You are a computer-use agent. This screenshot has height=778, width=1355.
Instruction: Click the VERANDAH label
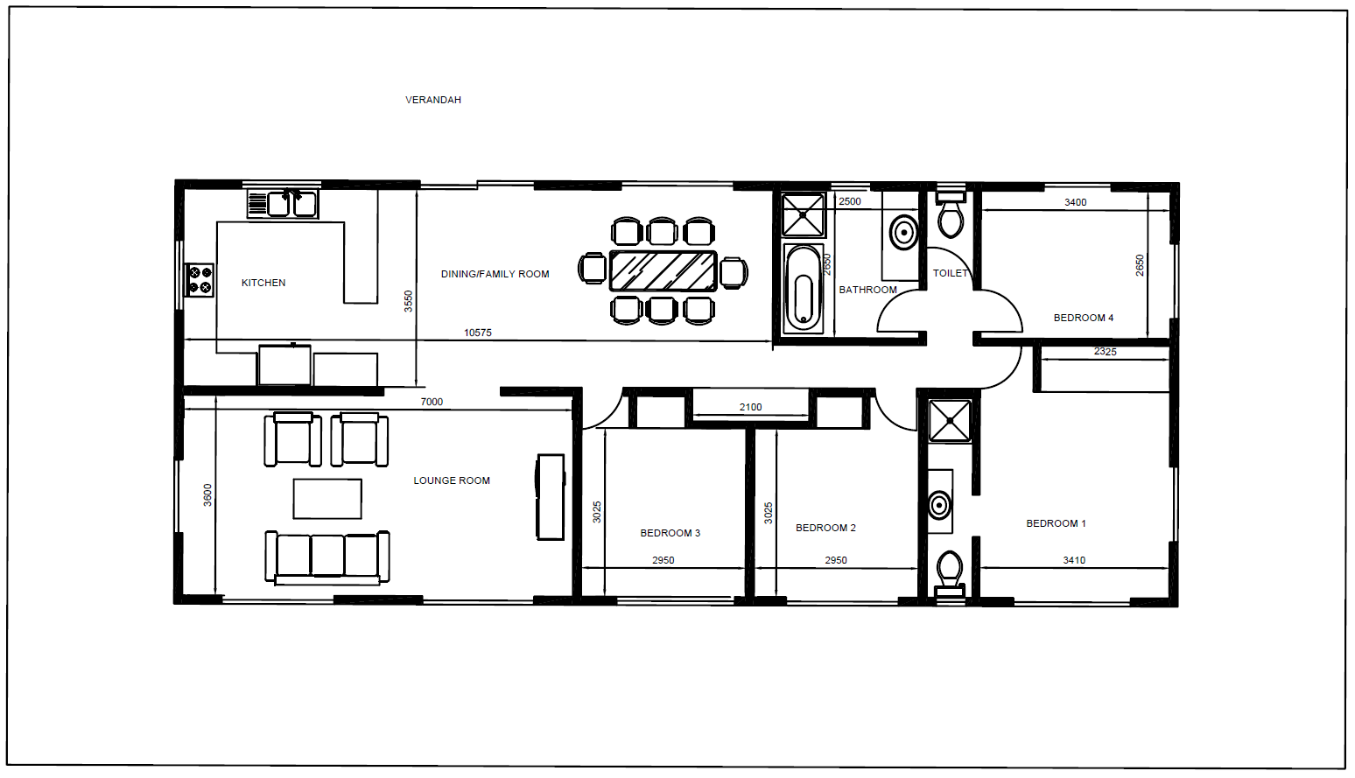click(433, 100)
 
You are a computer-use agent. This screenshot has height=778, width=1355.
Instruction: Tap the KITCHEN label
click(263, 283)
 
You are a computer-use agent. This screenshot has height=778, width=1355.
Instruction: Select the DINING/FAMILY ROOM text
click(495, 274)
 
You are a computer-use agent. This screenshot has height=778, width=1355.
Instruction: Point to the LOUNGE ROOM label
click(452, 480)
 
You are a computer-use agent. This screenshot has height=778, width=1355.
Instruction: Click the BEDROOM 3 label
click(670, 533)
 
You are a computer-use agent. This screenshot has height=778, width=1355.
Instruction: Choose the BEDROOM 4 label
click(1084, 318)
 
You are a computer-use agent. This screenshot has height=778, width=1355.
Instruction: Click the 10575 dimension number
click(478, 333)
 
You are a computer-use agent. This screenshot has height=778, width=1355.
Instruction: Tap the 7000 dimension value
click(432, 402)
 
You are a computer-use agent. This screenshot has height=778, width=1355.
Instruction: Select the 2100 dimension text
click(751, 407)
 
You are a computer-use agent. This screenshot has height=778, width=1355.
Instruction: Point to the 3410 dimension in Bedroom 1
click(1074, 560)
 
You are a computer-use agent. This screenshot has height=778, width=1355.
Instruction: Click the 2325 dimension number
click(1106, 352)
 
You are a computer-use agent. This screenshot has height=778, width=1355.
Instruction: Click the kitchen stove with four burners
click(200, 280)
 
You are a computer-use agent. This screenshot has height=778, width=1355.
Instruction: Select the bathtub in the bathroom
click(804, 289)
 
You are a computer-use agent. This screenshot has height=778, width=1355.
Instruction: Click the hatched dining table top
click(663, 271)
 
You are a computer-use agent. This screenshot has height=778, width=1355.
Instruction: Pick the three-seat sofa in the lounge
click(327, 557)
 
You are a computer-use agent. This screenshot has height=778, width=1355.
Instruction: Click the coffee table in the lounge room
click(327, 499)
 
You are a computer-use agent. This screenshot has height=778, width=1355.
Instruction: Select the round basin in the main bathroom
click(903, 232)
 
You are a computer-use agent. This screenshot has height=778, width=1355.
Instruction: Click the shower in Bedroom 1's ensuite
click(951, 421)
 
